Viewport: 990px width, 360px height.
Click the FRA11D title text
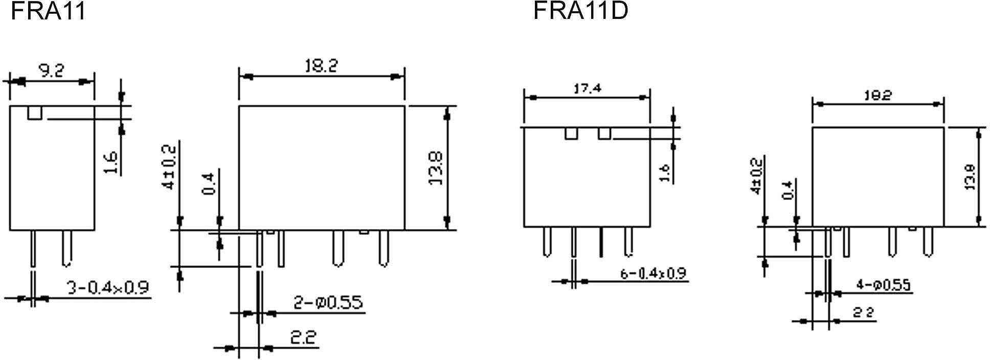point(580,11)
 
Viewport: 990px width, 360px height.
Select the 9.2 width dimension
point(52,71)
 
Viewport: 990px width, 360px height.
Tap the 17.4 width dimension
point(587,88)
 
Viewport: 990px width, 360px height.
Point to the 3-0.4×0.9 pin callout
point(108,288)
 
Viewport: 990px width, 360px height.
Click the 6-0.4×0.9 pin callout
point(653,274)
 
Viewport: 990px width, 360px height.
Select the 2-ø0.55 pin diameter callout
point(328,303)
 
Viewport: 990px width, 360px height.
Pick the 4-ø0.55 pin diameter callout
point(883,285)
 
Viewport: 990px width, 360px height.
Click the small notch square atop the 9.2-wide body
point(35,112)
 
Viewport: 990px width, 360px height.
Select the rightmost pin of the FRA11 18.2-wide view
point(384,249)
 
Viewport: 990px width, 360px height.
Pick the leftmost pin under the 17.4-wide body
point(547,241)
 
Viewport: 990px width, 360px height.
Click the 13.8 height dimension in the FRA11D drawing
point(970,177)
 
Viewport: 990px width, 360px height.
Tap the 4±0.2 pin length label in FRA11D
point(756,175)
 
